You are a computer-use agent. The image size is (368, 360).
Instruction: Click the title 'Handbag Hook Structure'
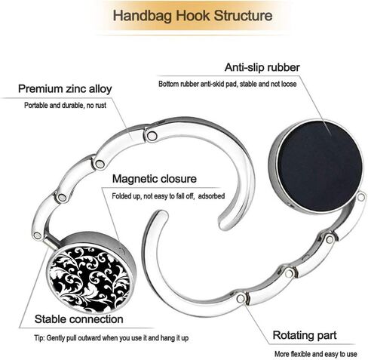[x=192, y=16]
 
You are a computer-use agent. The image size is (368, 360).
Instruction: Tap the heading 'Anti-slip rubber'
[x=262, y=67]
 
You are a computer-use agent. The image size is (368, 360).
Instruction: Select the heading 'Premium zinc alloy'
[x=65, y=89]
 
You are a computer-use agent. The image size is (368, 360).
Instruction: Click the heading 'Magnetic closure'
[x=155, y=179]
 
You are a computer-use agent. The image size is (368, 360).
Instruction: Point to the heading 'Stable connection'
[x=78, y=319]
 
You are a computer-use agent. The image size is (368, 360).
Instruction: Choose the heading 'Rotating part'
[x=305, y=335]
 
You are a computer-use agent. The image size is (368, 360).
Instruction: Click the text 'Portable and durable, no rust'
[x=65, y=105]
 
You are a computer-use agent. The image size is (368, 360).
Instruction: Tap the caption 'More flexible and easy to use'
[x=315, y=354]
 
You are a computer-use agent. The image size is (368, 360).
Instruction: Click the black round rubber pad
[x=320, y=166]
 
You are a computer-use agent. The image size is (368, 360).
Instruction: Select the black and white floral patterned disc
[x=90, y=278]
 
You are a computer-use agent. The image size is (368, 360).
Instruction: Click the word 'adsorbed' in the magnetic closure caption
[x=211, y=196]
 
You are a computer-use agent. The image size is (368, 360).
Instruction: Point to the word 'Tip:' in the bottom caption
[x=39, y=338]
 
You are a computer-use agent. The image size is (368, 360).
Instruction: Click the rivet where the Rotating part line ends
[x=241, y=299]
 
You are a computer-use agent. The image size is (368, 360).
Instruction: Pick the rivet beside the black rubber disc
[x=361, y=197]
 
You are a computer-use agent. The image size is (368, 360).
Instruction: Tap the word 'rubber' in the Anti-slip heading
[x=284, y=67]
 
